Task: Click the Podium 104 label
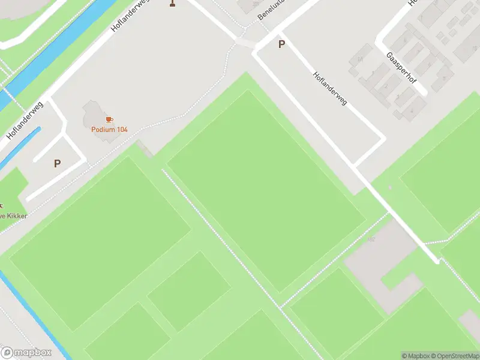pyautogui.click(x=109, y=130)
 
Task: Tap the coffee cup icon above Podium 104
pyautogui.click(x=109, y=120)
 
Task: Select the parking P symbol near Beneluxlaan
pyautogui.click(x=281, y=44)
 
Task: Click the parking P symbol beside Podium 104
pyautogui.click(x=58, y=163)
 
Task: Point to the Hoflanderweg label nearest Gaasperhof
pyautogui.click(x=330, y=89)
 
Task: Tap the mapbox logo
pyautogui.click(x=26, y=352)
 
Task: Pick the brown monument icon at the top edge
pyautogui.click(x=173, y=3)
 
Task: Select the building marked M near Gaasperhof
pyautogui.click(x=361, y=59)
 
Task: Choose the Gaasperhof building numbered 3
pyautogui.click(x=398, y=97)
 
